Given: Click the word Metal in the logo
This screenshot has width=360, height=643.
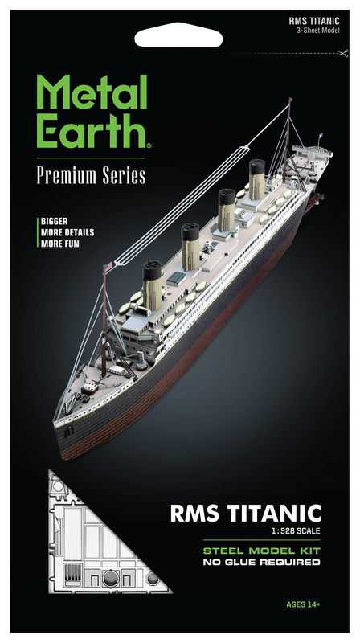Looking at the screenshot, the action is pyautogui.click(x=92, y=91).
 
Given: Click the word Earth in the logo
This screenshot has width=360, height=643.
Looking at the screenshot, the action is pyautogui.click(x=92, y=129).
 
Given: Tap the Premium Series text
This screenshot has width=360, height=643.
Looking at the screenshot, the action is pyautogui.click(x=92, y=175).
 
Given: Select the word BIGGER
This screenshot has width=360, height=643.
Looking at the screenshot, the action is pyautogui.click(x=54, y=222).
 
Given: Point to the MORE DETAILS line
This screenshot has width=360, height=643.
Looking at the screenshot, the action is pyautogui.click(x=67, y=232).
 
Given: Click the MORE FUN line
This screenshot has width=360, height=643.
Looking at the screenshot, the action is pyautogui.click(x=59, y=244).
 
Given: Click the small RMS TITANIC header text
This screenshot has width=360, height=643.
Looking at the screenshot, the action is pyautogui.click(x=314, y=22).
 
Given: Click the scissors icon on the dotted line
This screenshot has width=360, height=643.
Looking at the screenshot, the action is pyautogui.click(x=344, y=53).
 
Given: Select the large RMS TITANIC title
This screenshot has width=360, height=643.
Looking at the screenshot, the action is pyautogui.click(x=245, y=514).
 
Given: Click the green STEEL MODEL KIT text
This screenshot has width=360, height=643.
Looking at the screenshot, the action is pyautogui.click(x=262, y=551).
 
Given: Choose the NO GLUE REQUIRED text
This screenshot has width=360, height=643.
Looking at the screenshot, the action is pyautogui.click(x=262, y=562).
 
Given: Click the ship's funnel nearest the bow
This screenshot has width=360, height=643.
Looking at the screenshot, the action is pyautogui.click(x=152, y=280).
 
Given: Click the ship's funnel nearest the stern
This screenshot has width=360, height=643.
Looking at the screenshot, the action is pyautogui.click(x=257, y=179).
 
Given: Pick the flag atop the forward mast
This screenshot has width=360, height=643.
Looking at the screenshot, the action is pyautogui.click(x=108, y=268).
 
